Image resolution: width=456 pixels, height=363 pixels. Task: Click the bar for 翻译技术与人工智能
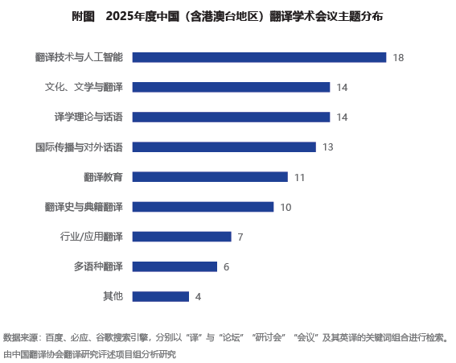pyautogui.click(x=259, y=57)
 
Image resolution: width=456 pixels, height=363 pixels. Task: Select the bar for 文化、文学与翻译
pyautogui.click(x=231, y=88)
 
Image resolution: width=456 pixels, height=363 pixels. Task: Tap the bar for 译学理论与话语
pyautogui.click(x=231, y=117)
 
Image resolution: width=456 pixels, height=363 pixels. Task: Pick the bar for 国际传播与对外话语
pyautogui.click(x=224, y=147)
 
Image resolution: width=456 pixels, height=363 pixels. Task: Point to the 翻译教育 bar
pyautogui.click(x=210, y=177)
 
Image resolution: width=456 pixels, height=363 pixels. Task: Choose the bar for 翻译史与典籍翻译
pyautogui.click(x=203, y=207)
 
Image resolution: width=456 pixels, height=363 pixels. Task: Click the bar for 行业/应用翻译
pyautogui.click(x=182, y=237)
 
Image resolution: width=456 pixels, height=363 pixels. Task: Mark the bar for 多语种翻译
pyautogui.click(x=175, y=266)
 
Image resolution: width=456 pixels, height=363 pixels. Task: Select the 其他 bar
pyautogui.click(x=161, y=297)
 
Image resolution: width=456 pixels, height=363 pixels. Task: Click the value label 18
pyautogui.click(x=398, y=58)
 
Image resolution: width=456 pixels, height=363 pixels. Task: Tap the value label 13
pyautogui.click(x=328, y=147)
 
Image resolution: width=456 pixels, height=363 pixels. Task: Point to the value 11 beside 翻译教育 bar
pyautogui.click(x=299, y=177)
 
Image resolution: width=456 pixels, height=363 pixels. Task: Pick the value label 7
pyautogui.click(x=240, y=237)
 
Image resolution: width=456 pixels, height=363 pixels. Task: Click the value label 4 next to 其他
pyautogui.click(x=198, y=297)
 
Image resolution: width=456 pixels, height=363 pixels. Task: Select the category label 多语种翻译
pyautogui.click(x=98, y=266)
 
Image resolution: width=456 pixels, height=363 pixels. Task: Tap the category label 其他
pyautogui.click(x=113, y=296)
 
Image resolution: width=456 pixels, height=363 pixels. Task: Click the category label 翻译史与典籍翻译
pyautogui.click(x=84, y=207)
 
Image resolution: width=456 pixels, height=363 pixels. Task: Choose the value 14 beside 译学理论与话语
pyautogui.click(x=342, y=118)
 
